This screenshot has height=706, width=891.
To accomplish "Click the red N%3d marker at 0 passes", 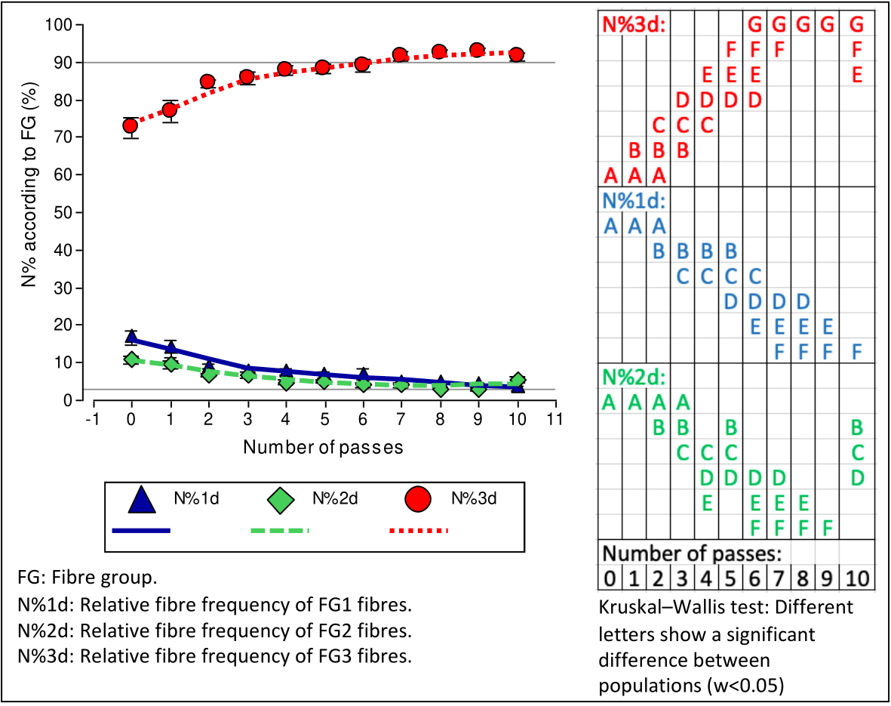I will click(131, 125).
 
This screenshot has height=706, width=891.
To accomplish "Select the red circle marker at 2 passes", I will click(207, 82).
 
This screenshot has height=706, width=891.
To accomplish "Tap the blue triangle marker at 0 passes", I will click(131, 336).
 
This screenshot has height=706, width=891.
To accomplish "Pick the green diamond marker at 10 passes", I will click(517, 380).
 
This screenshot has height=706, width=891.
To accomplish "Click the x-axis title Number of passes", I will click(323, 447).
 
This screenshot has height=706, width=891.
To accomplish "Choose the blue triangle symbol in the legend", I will click(142, 499).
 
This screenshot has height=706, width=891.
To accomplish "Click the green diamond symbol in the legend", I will click(280, 499).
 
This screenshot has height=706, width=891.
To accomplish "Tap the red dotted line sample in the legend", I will click(419, 530).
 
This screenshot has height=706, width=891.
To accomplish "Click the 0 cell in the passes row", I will click(610, 580).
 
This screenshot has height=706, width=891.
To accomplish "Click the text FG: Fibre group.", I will click(88, 578).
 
